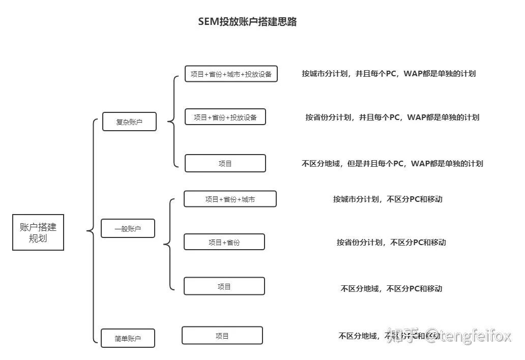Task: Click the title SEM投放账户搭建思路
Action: click(247, 22)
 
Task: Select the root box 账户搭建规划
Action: click(38, 232)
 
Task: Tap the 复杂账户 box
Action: click(129, 122)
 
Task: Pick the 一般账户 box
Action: click(128, 229)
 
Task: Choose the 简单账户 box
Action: click(128, 338)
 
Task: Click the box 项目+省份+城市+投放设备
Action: click(231, 74)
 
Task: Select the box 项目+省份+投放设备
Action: click(225, 117)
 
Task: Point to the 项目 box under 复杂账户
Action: click(225, 163)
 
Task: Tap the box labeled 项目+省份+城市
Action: click(230, 199)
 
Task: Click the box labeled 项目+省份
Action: click(224, 242)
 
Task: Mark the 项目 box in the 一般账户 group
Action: click(224, 286)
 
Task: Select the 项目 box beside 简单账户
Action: click(222, 336)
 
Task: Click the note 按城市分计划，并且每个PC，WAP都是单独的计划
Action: click(389, 73)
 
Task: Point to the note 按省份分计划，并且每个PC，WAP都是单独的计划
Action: click(392, 117)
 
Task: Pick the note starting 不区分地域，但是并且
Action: click(392, 163)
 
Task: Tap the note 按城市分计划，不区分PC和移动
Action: click(388, 199)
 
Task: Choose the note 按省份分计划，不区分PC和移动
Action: click(391, 242)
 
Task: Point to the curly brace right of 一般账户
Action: click(168, 245)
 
